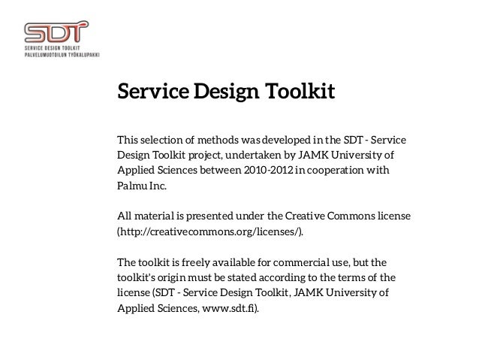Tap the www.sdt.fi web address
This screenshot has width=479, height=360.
coord(224,310)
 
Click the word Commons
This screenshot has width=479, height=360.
coord(350,216)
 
